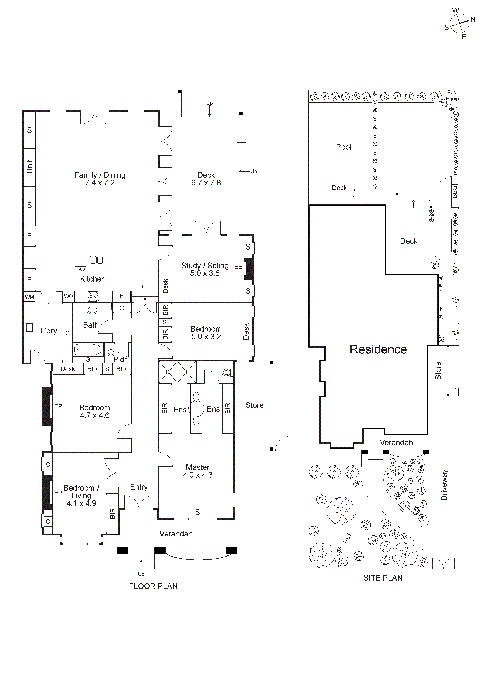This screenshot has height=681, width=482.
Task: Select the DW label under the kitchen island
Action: point(80,269)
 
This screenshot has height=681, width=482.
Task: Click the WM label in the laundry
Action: point(29,297)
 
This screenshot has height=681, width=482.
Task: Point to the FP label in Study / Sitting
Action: point(238,268)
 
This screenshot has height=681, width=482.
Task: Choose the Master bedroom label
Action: point(198,467)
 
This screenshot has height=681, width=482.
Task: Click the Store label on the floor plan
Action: point(254,405)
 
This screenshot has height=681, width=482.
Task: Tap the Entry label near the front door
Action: point(139,487)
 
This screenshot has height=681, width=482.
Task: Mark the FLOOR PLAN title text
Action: point(153,586)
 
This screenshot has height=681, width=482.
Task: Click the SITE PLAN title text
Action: point(383,578)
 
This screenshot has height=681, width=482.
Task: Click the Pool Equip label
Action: point(452,96)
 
